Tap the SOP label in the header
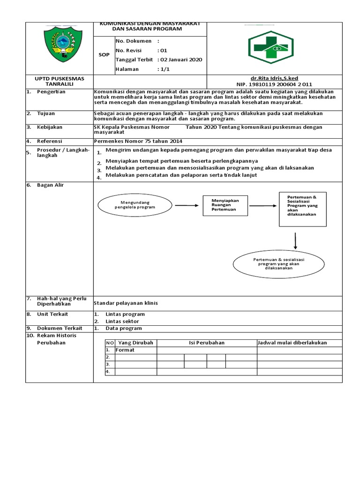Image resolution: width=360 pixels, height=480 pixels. tap(104, 55)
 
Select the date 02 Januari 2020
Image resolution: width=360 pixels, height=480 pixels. tap(181, 60)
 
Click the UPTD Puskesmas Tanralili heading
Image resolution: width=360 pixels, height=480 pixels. tap(60, 81)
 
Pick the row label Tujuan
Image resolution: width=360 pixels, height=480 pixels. tap(46, 113)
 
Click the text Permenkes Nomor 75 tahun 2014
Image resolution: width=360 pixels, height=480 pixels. tap(138, 141)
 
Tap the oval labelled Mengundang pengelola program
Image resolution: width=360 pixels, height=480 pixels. tap(135, 204)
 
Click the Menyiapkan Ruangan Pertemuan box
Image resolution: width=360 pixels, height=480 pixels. tap(225, 205)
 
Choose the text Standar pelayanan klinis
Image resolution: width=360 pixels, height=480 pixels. tap(126, 303)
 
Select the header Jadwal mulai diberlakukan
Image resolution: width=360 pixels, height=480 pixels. tap(292, 343)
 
